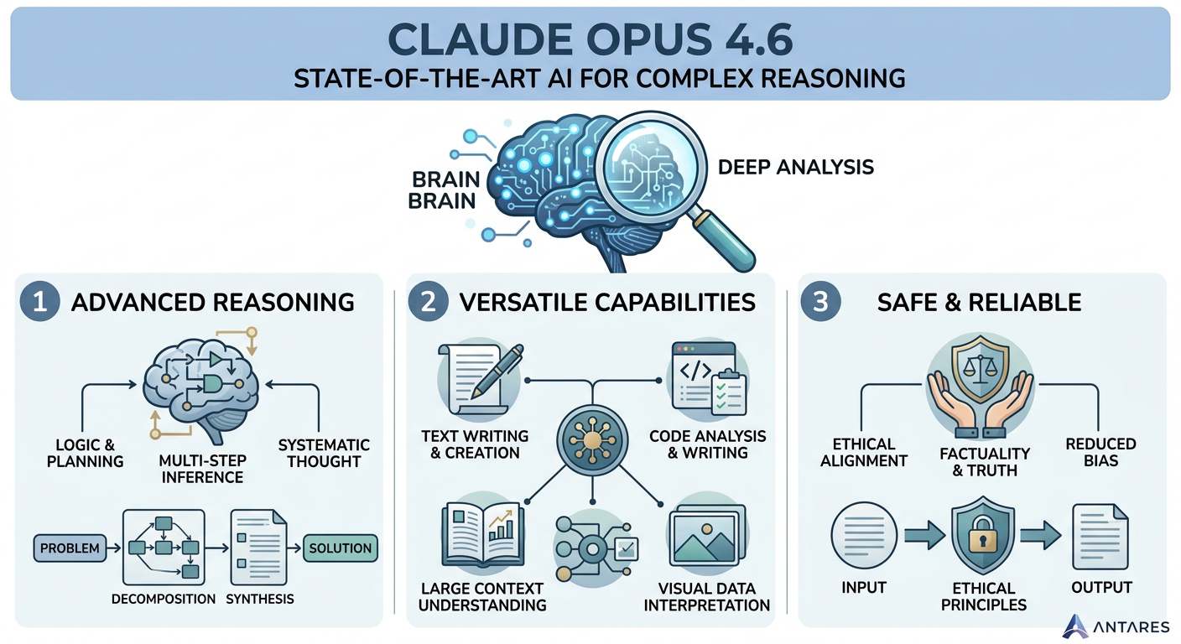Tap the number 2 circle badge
[x=428, y=303]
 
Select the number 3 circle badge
[x=820, y=303]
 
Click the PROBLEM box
[x=70, y=549]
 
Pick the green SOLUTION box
[x=340, y=548]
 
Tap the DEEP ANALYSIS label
[x=796, y=167]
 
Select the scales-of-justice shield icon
[x=981, y=369]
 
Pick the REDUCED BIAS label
[x=1100, y=452]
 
